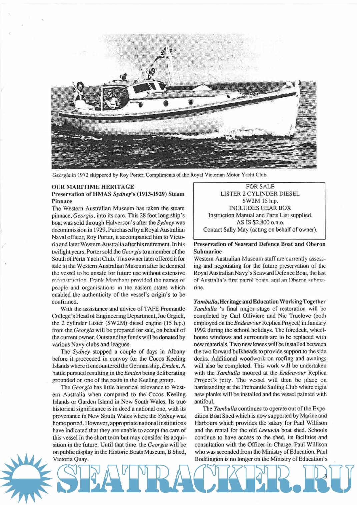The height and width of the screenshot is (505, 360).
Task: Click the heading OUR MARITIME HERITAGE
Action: [93, 187]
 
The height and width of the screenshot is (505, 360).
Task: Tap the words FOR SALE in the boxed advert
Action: [260, 187]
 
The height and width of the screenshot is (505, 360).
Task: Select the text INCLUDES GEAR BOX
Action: [260, 208]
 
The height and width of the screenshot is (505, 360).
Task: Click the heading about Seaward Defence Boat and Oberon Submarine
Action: [259, 248]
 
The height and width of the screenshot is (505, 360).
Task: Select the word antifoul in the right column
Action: [204, 401]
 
